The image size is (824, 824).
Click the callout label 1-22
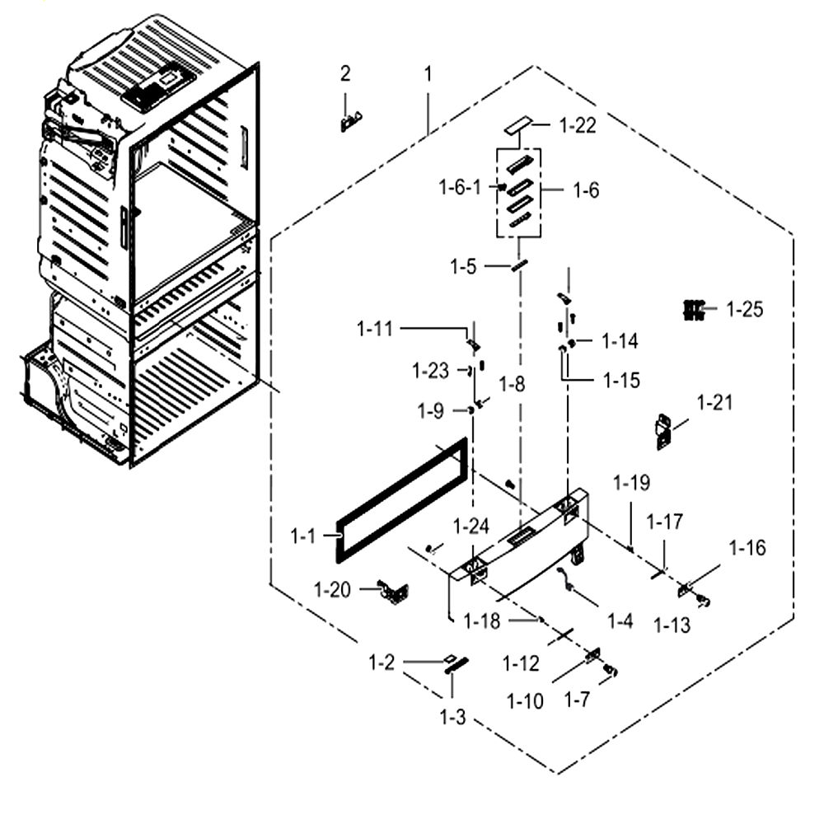click(578, 125)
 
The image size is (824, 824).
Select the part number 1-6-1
click(460, 187)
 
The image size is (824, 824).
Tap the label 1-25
click(745, 310)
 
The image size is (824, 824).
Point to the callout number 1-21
click(714, 403)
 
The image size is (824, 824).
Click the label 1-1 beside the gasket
click(303, 536)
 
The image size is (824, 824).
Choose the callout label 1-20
click(332, 590)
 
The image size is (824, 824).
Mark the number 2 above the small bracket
click(345, 73)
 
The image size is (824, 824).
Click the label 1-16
click(747, 548)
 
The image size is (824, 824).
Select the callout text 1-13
click(672, 625)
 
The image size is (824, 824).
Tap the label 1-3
click(453, 717)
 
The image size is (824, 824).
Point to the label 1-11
click(375, 329)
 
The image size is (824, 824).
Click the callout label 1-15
click(621, 381)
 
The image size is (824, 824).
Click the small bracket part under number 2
click(351, 123)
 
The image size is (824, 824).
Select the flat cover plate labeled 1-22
click(518, 126)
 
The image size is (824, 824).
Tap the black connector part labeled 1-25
click(694, 310)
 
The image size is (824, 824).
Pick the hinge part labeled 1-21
click(663, 432)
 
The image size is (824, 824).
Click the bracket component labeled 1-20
click(393, 592)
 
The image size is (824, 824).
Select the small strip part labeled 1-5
click(519, 266)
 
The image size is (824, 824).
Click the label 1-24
click(471, 527)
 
